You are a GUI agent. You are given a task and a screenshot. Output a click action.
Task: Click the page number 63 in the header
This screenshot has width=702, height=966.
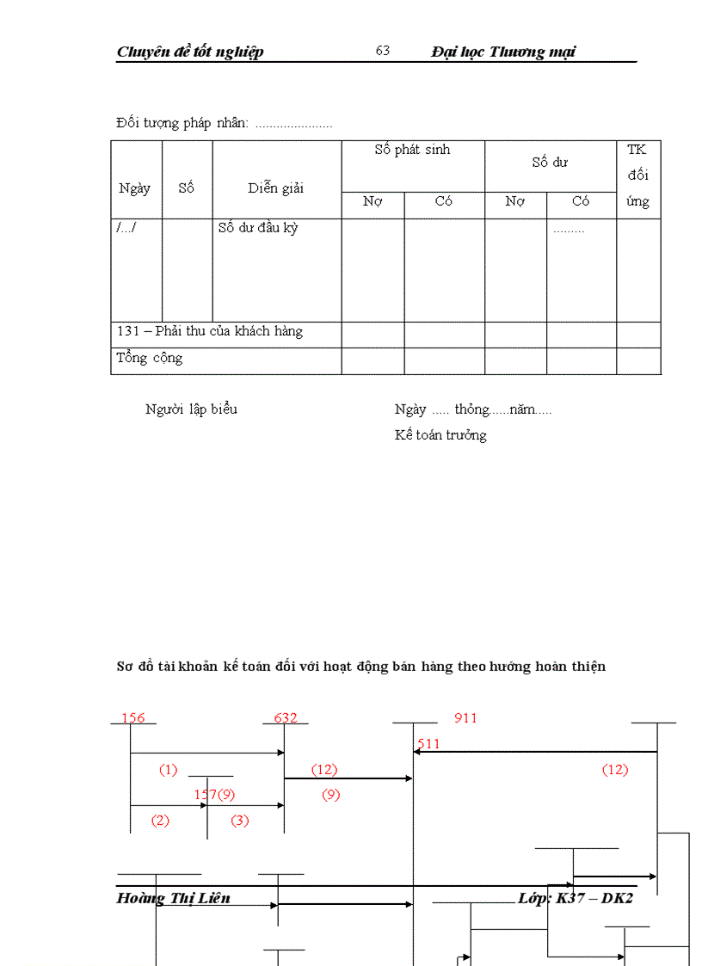383,51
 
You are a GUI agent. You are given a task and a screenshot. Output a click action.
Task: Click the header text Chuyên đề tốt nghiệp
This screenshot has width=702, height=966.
190,52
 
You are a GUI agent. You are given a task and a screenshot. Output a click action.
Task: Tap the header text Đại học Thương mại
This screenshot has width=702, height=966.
503,52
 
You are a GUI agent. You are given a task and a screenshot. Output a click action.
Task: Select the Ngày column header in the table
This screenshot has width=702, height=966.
135,188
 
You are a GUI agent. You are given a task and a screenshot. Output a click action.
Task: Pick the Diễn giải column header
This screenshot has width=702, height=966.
276,188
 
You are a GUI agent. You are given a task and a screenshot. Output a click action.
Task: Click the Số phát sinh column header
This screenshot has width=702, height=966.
412,150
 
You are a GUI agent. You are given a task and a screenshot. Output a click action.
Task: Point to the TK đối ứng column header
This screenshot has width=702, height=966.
637,175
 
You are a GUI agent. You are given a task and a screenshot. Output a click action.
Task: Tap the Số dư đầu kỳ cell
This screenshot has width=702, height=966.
258,228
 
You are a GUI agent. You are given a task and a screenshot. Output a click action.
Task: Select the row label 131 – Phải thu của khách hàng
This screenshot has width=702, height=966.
210,331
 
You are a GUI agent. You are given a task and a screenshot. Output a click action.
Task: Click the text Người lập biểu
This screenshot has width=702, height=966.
191,409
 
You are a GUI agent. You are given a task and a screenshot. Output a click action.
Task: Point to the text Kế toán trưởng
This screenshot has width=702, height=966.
440,435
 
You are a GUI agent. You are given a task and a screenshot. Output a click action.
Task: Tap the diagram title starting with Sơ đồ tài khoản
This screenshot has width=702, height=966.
361,667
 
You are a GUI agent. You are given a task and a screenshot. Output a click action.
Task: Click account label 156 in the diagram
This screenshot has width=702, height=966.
133,717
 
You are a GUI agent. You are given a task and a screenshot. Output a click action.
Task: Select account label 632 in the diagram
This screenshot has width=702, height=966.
286,717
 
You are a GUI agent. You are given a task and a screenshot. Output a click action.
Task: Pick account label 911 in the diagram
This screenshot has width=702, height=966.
465,717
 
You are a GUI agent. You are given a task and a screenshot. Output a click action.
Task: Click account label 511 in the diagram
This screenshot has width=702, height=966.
428,743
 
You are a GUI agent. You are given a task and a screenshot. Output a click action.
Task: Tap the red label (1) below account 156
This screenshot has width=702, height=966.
168,770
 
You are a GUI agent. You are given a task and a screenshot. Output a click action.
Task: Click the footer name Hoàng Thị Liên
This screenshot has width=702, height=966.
173,898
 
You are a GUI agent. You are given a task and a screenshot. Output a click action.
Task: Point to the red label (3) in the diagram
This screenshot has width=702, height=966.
240,821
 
